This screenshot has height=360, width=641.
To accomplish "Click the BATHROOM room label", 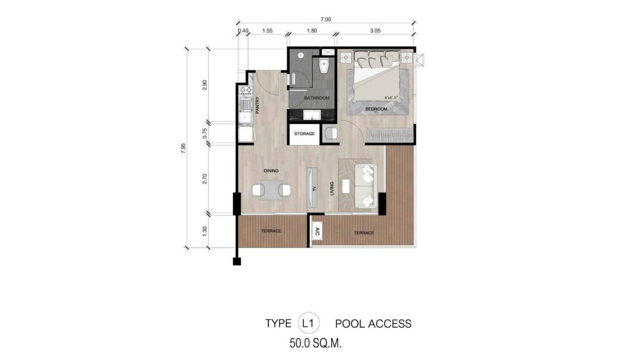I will tap(317, 98).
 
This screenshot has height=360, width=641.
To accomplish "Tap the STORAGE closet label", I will tap(304, 134).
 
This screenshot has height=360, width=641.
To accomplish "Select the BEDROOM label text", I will tap(376, 109).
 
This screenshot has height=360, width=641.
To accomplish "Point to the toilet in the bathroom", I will tap(324, 67).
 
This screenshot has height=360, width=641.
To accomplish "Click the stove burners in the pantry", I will tap(246, 90).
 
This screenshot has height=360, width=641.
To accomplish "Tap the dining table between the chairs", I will tap(271, 190).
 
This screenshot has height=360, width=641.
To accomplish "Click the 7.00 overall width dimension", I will tap(326, 20).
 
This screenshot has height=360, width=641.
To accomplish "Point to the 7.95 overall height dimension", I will tap(183, 148).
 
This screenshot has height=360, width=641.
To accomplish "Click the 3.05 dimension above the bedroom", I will tap(374, 31).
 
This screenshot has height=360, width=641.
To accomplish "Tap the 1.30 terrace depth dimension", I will tap(205, 230).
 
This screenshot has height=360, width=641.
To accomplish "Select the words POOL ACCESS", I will tap(373, 324).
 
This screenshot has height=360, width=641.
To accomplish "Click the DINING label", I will tap(271, 170).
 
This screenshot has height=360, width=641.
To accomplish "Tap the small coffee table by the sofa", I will tap(346, 187).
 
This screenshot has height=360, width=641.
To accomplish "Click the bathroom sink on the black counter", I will tap(312, 115).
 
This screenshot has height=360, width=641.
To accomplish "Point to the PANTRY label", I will tap(257, 105).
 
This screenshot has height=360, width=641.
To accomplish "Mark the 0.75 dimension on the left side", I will tap(205, 133).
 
